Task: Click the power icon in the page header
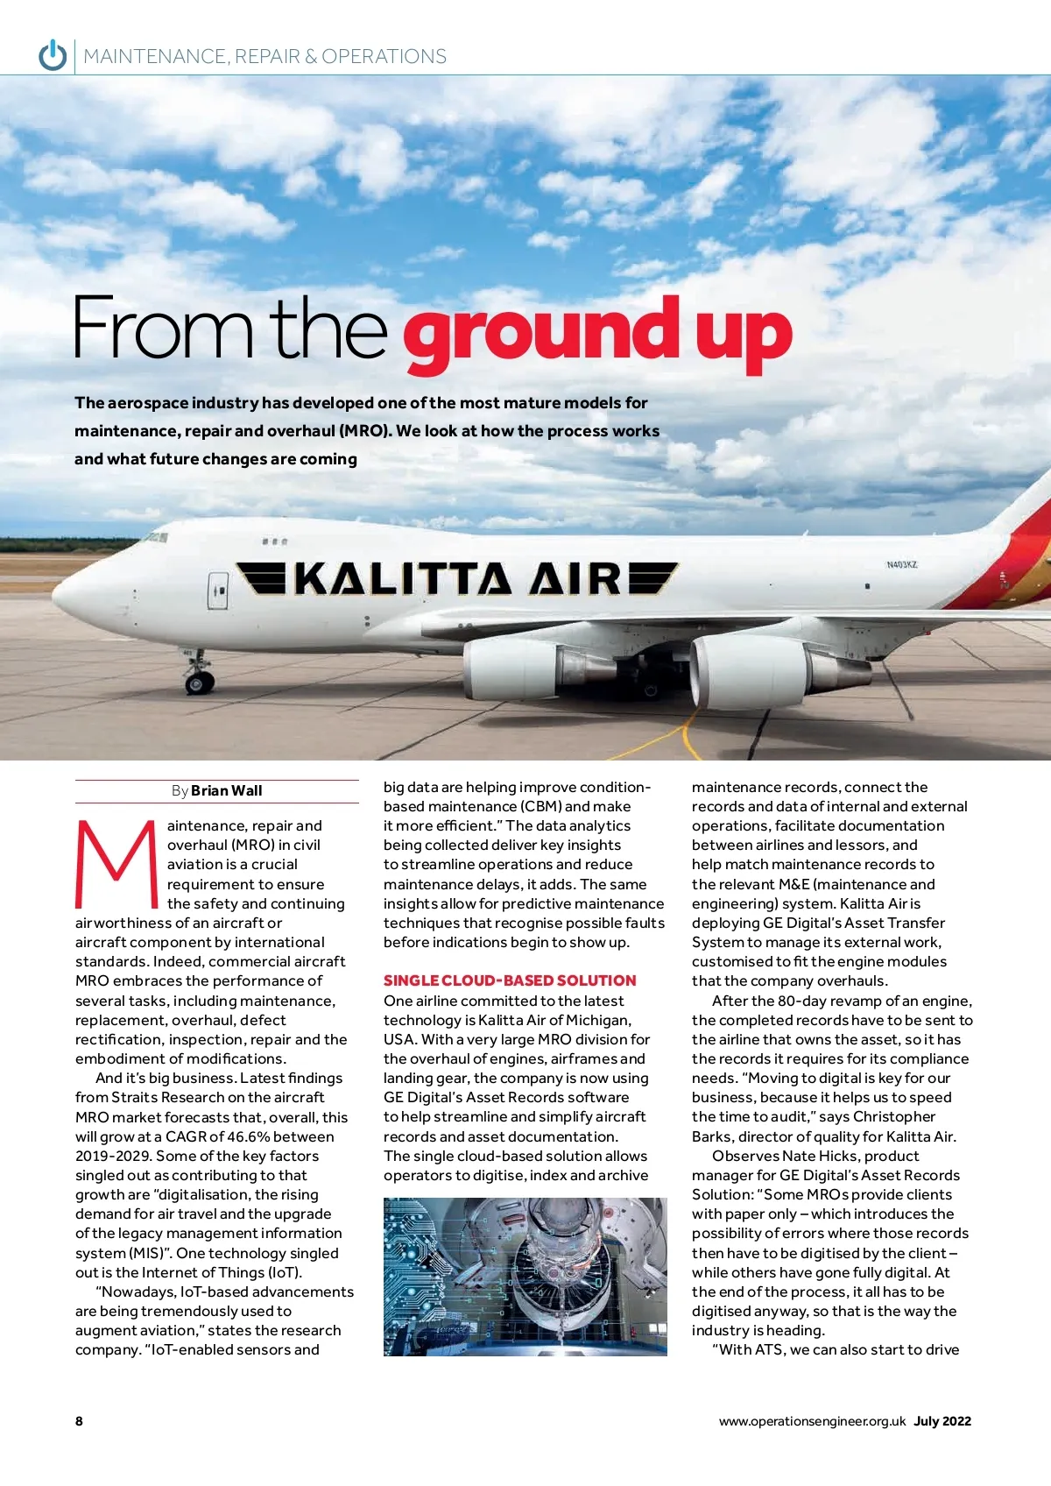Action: click(53, 55)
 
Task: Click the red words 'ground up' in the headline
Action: click(597, 334)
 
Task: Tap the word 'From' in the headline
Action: click(163, 329)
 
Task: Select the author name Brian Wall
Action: click(226, 790)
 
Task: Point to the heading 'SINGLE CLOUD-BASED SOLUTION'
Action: click(510, 980)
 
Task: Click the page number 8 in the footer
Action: click(80, 1421)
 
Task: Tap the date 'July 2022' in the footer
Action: click(942, 1421)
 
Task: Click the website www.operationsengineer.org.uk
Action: click(812, 1421)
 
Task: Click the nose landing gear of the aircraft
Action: click(199, 676)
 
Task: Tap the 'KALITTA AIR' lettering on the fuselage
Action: click(458, 579)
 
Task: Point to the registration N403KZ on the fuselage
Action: click(901, 564)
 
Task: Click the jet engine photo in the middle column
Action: click(525, 1277)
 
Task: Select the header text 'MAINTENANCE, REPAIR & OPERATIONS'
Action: click(265, 56)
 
